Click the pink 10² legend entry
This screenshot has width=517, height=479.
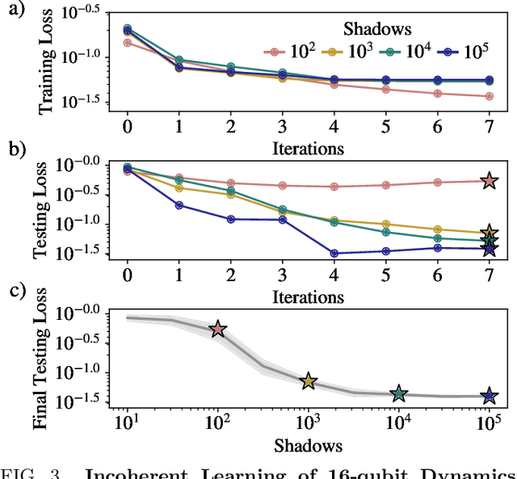click(x=287, y=52)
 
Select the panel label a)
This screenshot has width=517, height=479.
click(x=13, y=11)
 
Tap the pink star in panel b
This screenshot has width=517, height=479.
click(x=488, y=181)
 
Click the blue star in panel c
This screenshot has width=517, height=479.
click(x=488, y=396)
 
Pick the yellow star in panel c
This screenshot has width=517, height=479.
click(x=308, y=381)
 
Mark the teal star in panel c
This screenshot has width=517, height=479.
click(x=397, y=393)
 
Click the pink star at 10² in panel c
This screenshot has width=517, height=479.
click(x=217, y=329)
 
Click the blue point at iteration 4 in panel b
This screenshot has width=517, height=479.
click(x=334, y=253)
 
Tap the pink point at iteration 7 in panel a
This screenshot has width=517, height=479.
click(x=488, y=96)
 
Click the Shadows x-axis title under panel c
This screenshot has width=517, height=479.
click(x=308, y=445)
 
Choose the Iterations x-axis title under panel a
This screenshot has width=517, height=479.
click(x=308, y=148)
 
